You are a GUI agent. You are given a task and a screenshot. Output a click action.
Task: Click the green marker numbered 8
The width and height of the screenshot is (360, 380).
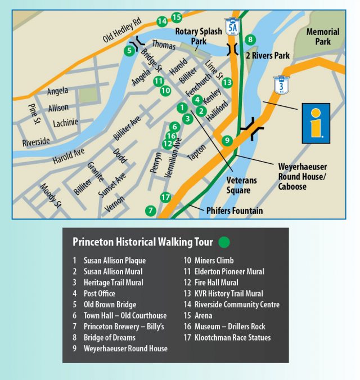pos(251,39)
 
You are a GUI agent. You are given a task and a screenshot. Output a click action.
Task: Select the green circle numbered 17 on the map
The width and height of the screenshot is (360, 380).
pos(165,197)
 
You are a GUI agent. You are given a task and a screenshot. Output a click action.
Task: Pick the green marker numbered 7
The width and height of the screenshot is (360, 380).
pos(150,211)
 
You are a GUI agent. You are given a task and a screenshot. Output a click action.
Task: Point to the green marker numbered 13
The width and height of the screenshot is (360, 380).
pos(227,82)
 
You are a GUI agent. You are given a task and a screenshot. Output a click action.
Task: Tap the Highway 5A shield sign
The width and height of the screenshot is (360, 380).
pos(231,25)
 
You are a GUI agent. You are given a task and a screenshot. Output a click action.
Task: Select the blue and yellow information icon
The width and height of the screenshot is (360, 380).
pos(316,123)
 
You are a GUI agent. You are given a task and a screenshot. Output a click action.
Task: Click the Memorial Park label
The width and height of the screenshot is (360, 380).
pos(323,37)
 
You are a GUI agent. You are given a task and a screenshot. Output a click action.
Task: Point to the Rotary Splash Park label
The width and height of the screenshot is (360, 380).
pos(198,37)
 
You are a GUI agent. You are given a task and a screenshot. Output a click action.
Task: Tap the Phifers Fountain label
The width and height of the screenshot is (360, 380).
pos(226,211)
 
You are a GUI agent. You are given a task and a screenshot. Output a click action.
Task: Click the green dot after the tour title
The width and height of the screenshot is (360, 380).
pos(224,243)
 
